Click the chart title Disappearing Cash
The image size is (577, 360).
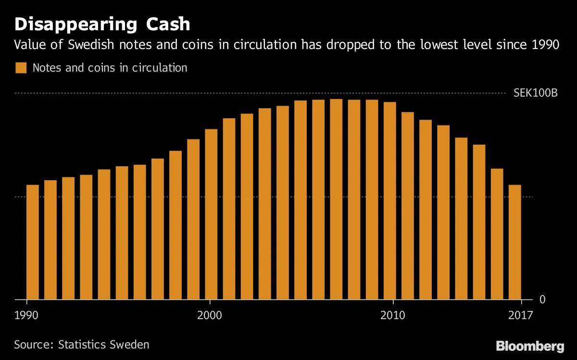(x=102, y=24)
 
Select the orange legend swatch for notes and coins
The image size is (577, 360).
(x=21, y=68)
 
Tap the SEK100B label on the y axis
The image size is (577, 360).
(x=535, y=93)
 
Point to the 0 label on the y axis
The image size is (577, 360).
(x=542, y=299)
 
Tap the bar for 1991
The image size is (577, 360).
(x=50, y=240)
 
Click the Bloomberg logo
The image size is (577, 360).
(x=530, y=346)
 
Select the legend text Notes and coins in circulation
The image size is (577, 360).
(x=110, y=68)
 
